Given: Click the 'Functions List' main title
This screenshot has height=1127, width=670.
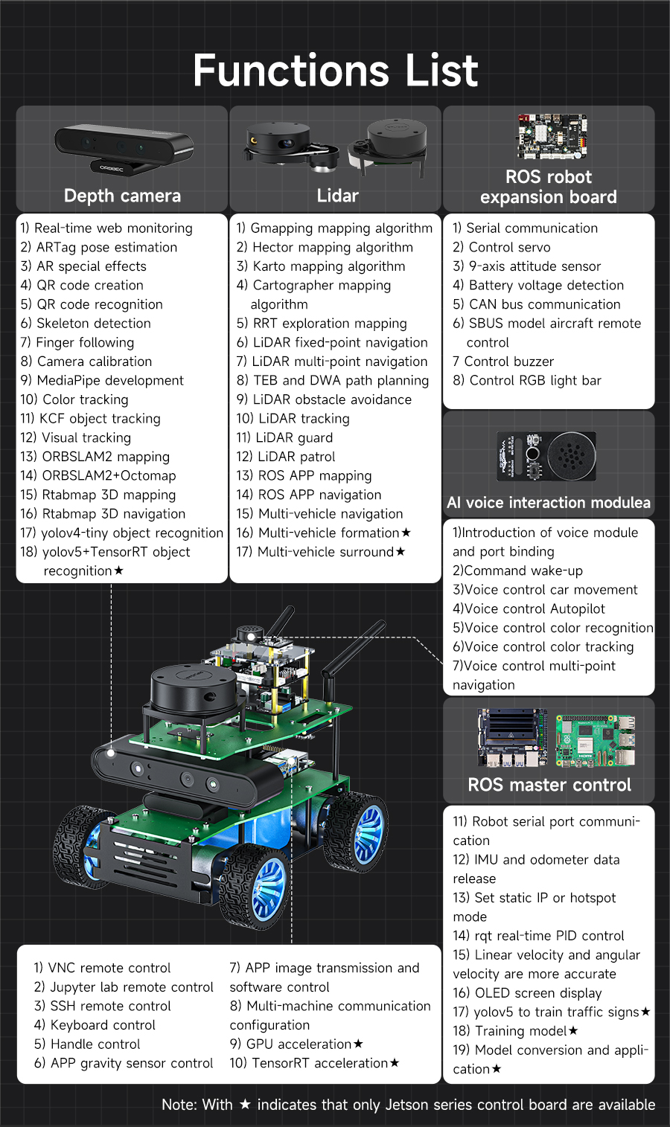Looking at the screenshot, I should tap(335, 71).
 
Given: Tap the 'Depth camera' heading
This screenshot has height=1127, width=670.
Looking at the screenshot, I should tap(122, 196).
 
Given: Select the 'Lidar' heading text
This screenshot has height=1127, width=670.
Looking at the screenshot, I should tap(337, 196).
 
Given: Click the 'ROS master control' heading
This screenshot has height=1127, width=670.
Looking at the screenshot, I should tap(549, 785).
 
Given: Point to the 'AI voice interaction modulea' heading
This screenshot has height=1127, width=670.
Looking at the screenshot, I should tap(549, 503).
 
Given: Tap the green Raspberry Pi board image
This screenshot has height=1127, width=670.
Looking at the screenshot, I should tap(596, 740).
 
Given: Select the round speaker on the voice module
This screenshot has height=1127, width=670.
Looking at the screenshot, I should tap(571, 456).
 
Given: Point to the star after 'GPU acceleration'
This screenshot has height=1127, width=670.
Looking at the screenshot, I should tap(358, 1044).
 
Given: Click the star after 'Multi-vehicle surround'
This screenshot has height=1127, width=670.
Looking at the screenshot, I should tap(401, 551).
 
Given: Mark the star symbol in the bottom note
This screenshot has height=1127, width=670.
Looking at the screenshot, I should tap(245, 1105).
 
